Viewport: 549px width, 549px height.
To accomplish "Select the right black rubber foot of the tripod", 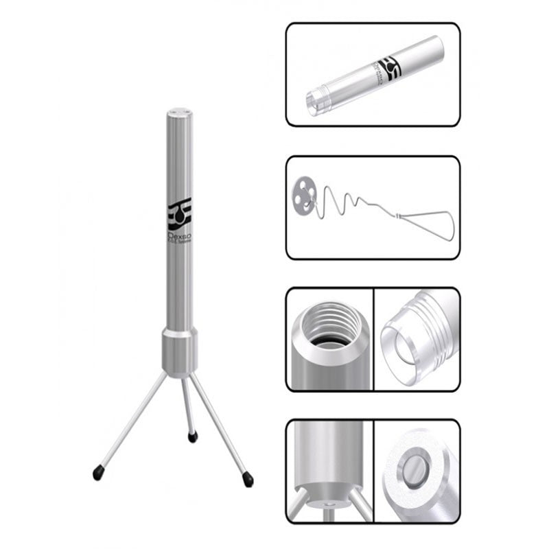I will (x=248, y=481).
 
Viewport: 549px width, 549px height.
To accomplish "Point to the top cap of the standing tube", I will (x=180, y=110).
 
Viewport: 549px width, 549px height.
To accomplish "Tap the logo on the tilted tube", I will (x=390, y=71).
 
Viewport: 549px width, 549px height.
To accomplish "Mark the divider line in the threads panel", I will (x=372, y=339).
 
